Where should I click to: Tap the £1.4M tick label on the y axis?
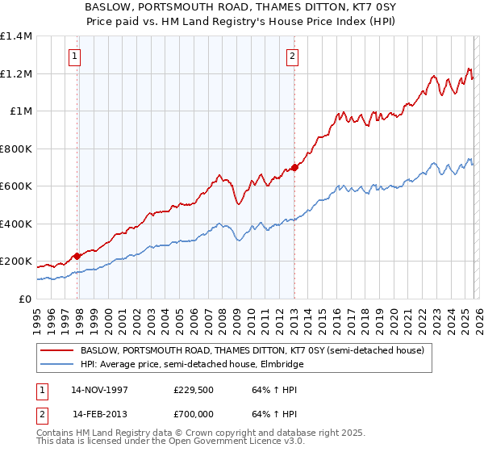[16, 36]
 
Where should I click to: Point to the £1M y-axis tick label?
[21, 111]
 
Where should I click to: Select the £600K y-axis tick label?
[16, 186]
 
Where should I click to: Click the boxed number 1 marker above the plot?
[74, 56]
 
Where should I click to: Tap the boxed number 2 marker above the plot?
[291, 56]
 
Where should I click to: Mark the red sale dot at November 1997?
[77, 256]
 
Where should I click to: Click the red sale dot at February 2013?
[294, 167]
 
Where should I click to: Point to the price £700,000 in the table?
[195, 414]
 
